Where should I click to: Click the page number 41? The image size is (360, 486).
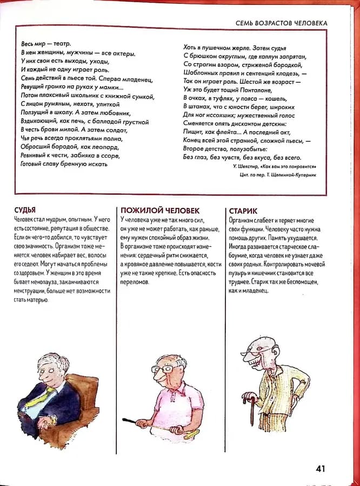click(320, 468)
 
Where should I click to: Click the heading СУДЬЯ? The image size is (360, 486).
click(25, 210)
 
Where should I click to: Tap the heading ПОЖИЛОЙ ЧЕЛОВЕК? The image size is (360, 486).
click(160, 210)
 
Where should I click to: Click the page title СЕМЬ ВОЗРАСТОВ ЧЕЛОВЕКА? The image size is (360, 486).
click(282, 23)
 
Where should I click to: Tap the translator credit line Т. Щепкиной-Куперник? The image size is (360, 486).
click(292, 175)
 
